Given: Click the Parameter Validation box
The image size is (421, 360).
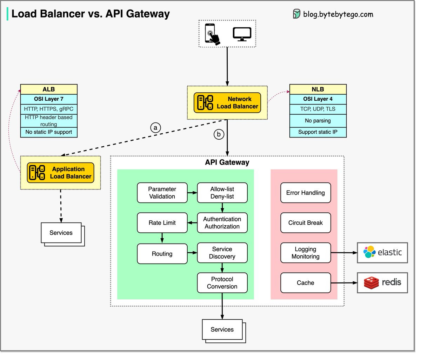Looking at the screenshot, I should point(162,193).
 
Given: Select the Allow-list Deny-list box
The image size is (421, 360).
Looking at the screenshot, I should point(222,193).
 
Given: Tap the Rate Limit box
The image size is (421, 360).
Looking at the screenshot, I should point(162,223).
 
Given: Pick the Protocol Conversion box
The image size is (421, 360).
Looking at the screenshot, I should point(222,283).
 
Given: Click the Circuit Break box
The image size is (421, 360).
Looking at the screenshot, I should point(306,223).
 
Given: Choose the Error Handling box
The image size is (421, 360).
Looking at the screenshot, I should point(306,193).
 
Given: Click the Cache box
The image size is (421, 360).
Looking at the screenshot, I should point(306,283).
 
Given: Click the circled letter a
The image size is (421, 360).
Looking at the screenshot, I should point(155,127).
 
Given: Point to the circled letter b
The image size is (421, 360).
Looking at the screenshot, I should point(219,134).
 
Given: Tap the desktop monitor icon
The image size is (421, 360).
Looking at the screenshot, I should point(242,34).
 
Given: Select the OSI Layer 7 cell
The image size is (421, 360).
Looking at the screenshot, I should point(49,99).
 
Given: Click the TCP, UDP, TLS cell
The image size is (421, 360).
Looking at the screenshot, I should point(318,109).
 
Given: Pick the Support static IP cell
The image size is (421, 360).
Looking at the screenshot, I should point(318,132).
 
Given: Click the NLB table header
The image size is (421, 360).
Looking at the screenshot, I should point(318,89).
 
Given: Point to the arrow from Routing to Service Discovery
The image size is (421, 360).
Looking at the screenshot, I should point(192,253).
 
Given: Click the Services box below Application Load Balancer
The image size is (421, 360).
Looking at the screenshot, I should point(61,233).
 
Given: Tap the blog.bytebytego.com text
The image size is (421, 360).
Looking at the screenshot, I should point(338,14).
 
